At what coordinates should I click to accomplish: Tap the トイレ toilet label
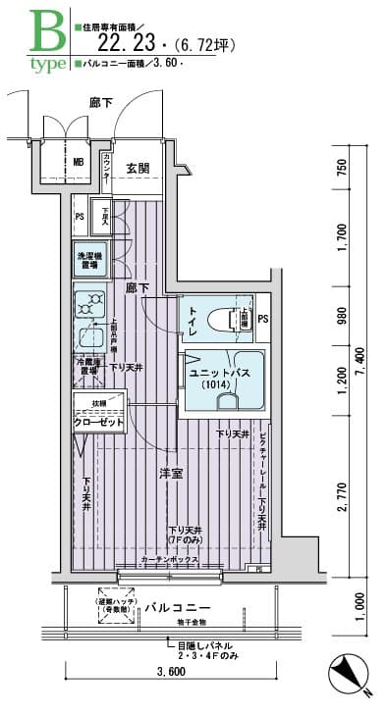(193, 326)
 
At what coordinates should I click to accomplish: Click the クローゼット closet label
(98, 422)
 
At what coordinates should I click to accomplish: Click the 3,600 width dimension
(170, 673)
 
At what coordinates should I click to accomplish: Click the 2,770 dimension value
(342, 499)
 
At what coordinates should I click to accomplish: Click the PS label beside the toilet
(262, 319)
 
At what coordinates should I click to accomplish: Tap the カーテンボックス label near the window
(171, 559)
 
